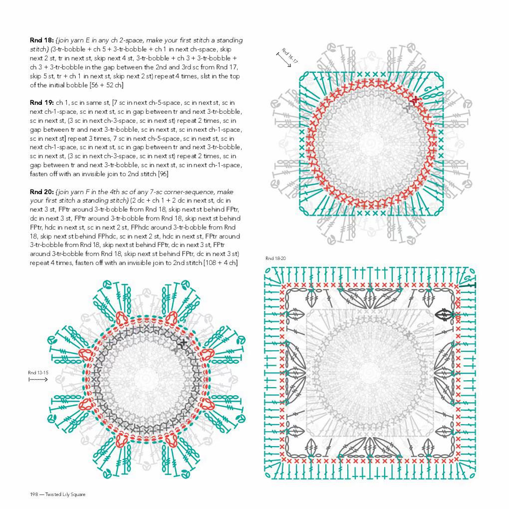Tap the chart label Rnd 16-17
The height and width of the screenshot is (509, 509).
(289, 55)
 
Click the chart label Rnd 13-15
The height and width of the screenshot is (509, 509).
(38, 372)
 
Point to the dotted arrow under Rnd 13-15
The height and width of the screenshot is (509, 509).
(38, 380)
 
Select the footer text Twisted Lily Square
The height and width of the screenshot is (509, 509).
(65, 495)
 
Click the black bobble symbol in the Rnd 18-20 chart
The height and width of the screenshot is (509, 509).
(445, 314)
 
